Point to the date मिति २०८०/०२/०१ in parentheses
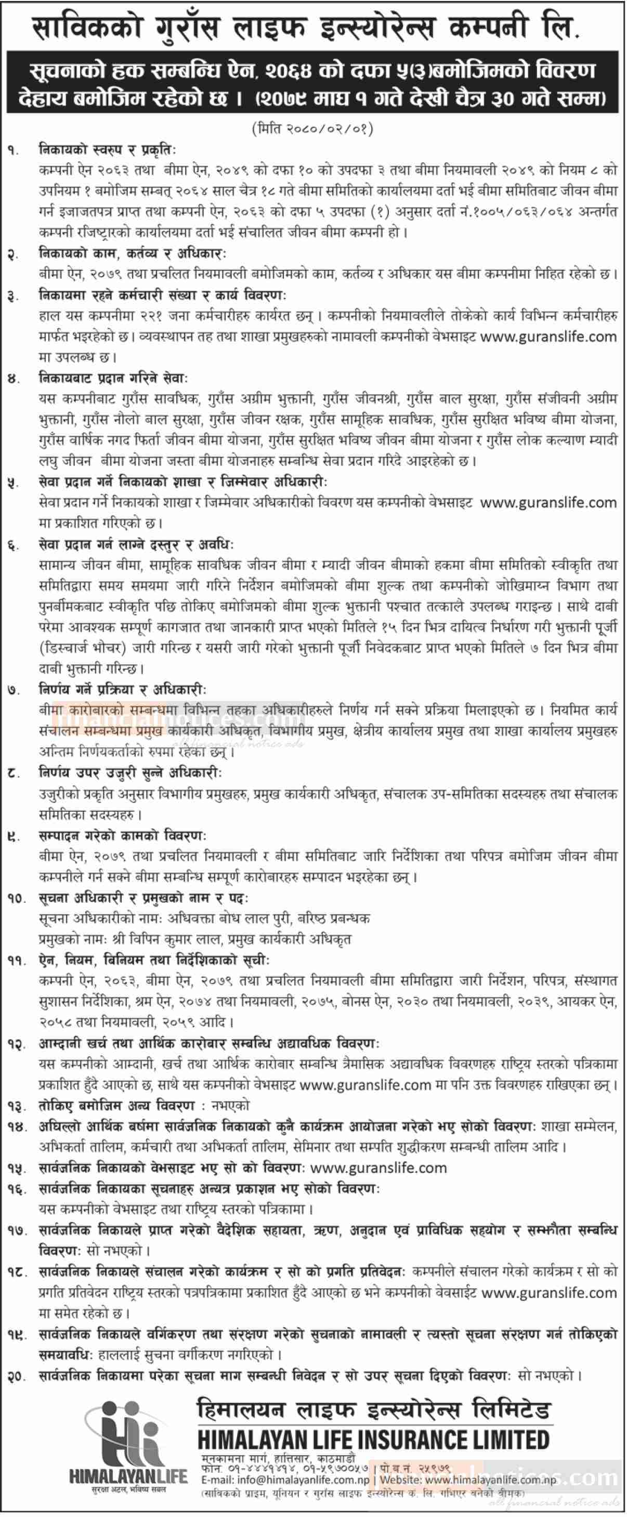click(x=312, y=129)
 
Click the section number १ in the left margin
click(x=13, y=151)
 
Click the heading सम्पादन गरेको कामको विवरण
click(x=122, y=836)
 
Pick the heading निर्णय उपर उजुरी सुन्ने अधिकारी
click(x=129, y=773)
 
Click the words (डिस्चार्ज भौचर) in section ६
click(x=83, y=649)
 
